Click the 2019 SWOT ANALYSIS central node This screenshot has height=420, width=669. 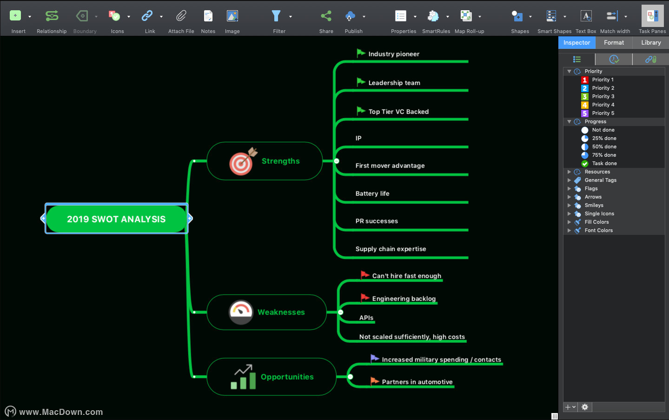(117, 219)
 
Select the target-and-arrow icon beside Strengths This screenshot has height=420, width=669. (243, 161)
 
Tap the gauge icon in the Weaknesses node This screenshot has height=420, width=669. (241, 312)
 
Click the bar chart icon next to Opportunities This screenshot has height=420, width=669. (244, 377)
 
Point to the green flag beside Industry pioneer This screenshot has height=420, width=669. (361, 53)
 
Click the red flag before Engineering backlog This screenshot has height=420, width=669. (364, 298)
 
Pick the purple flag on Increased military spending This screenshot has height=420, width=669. (375, 358)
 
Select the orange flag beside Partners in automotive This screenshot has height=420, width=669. (375, 381)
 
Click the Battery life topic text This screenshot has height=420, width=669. (372, 193)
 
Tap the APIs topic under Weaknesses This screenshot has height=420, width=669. (366, 318)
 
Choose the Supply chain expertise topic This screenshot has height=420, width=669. (391, 249)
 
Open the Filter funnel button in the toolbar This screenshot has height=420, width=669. (276, 16)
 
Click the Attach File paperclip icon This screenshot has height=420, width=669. (181, 16)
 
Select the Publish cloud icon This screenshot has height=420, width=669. (350, 16)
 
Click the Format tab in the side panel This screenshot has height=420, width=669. (614, 42)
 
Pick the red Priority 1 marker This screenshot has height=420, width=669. (584, 80)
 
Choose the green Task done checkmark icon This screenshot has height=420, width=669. (584, 163)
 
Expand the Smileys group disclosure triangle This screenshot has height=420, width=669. (569, 205)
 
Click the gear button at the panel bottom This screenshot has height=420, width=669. (585, 407)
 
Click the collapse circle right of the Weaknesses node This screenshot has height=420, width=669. (340, 312)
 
